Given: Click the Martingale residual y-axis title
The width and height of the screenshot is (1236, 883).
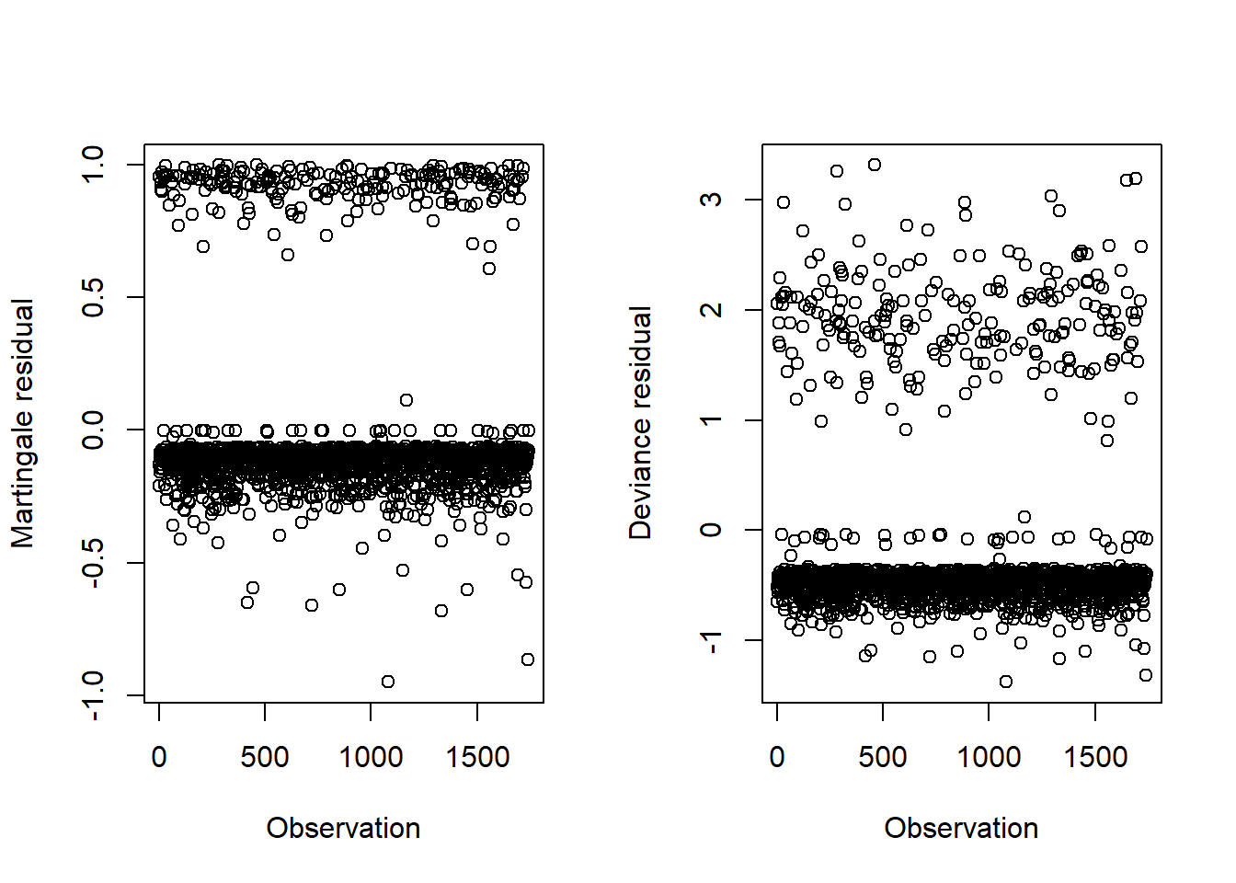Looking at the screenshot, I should pos(23,423).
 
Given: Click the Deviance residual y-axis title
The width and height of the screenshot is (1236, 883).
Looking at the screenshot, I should pos(640,423).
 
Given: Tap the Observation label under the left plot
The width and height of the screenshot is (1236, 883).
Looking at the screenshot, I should pos(343,828).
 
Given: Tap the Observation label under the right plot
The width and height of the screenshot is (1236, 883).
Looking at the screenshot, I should pos(961,828).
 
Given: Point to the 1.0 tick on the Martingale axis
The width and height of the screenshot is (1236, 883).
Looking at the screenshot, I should pos(95,165).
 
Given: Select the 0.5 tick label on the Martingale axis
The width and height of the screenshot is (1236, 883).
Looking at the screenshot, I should pos(95,297).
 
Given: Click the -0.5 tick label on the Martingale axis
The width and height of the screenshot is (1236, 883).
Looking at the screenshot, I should pos(95,562).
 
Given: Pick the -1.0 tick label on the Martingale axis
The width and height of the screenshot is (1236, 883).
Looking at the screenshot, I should pos(95,695).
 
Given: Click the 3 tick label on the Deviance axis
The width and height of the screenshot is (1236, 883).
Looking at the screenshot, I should pos(712,200).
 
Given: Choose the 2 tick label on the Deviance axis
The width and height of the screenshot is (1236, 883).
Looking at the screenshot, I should pos(712,310).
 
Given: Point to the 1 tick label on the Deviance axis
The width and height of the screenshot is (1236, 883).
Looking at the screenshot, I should pos(712,420).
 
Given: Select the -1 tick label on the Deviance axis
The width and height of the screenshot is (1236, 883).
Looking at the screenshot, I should pos(712,640).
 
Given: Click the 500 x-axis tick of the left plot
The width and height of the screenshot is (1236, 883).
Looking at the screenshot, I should pos(265,757).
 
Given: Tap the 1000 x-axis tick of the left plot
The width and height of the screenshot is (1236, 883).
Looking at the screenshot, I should pos(371,757).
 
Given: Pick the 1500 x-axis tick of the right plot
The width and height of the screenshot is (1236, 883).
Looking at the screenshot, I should pos(1094,757).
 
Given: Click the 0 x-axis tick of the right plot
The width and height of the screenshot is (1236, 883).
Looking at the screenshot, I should pos(777,757).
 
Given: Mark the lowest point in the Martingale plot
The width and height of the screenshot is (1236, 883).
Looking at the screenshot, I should pos(388,682).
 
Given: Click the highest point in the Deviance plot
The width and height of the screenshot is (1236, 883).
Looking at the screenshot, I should pos(875,165).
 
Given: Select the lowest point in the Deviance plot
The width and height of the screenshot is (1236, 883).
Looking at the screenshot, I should pos(1006,682).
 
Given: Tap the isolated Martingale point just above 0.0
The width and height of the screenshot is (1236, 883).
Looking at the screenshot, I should pos(406,400).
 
